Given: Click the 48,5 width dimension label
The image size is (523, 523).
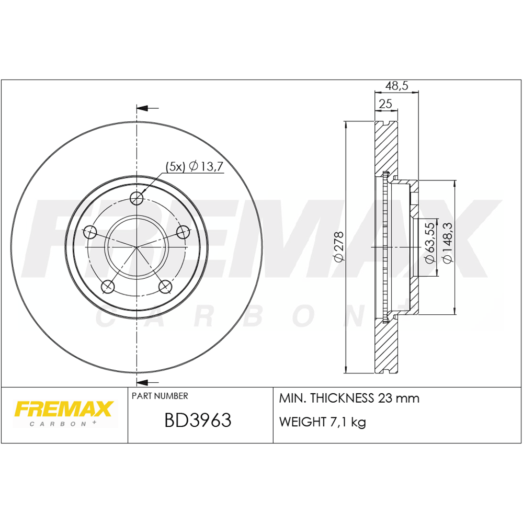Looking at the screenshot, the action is click(x=396, y=86).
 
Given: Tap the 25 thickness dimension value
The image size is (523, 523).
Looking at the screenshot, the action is click(x=385, y=104).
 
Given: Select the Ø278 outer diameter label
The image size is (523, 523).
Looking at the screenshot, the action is click(x=338, y=247).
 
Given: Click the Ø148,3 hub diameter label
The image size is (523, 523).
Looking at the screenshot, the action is click(x=447, y=243).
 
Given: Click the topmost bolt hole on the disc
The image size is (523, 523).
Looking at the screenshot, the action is click(x=137, y=198).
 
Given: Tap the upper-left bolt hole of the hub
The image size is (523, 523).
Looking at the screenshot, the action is click(x=90, y=232).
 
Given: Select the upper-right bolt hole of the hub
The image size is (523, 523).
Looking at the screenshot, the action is click(x=183, y=232).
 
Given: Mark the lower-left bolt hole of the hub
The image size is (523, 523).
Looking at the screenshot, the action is click(x=108, y=286).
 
